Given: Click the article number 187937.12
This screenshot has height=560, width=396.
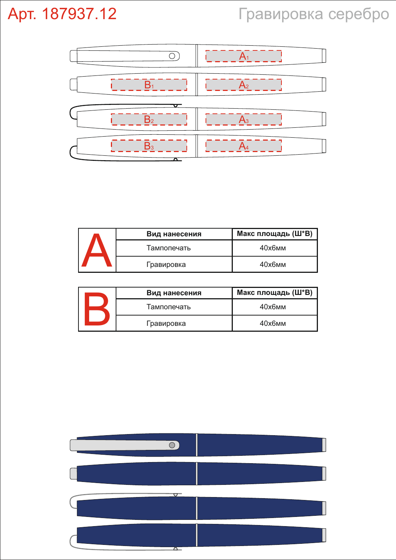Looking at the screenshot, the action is click(x=79, y=14).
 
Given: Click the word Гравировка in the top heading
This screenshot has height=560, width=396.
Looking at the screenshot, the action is click(x=281, y=14).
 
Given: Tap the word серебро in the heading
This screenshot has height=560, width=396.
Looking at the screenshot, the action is click(x=358, y=14).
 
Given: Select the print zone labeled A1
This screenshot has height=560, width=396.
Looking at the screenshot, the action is click(x=243, y=56).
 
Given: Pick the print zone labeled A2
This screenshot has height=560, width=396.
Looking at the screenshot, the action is click(x=243, y=85).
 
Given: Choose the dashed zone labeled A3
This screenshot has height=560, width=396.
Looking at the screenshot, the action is click(x=243, y=119).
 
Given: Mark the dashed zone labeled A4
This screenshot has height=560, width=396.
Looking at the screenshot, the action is click(x=243, y=146).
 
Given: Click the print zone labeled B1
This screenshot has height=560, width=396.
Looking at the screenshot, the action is click(x=149, y=85).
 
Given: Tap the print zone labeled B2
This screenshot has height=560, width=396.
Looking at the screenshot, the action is click(x=149, y=119).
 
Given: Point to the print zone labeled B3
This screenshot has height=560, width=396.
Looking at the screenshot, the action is click(x=149, y=146).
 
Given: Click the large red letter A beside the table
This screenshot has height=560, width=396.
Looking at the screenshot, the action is click(x=97, y=250).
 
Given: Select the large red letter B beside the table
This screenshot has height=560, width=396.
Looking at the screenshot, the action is click(x=97, y=309).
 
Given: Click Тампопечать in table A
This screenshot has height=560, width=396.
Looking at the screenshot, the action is click(x=169, y=248).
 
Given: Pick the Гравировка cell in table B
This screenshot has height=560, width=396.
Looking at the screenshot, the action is click(x=166, y=324).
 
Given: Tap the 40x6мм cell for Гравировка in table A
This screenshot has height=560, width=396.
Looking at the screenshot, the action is click(x=273, y=264).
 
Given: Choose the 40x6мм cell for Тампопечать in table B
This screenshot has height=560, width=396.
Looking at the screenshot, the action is click(x=273, y=307).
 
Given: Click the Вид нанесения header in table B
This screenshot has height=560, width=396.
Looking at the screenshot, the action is click(x=174, y=293).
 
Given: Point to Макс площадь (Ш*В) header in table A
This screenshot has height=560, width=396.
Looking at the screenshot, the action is click(x=275, y=233).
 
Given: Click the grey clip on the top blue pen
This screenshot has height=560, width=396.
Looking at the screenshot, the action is click(x=125, y=445).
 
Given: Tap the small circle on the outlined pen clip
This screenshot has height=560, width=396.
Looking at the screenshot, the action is click(x=172, y=56).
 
